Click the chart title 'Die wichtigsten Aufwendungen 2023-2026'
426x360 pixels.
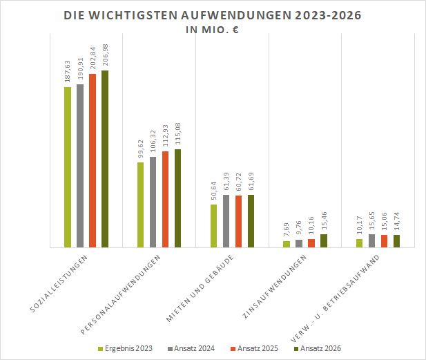[x=212, y=15]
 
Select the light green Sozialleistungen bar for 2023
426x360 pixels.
[x=68, y=167]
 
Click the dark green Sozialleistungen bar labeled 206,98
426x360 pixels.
[x=105, y=158]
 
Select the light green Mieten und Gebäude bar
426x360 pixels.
[x=214, y=225]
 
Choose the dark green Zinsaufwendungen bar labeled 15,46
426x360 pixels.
[x=325, y=240]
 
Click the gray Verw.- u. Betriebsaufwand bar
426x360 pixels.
[x=371, y=240]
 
